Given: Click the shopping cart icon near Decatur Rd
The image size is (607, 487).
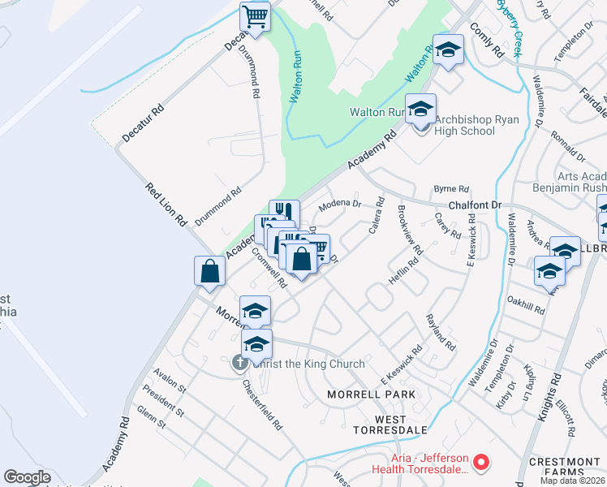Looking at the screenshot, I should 255,16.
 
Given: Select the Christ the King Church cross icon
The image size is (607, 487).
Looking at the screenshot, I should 239,364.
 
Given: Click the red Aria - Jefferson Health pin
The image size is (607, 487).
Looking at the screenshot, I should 481,463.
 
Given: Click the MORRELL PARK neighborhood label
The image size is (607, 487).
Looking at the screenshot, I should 371,394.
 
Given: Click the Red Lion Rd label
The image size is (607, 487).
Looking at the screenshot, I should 166,205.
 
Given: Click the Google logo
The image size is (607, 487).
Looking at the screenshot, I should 26,477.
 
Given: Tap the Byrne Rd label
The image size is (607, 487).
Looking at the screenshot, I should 452,188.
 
